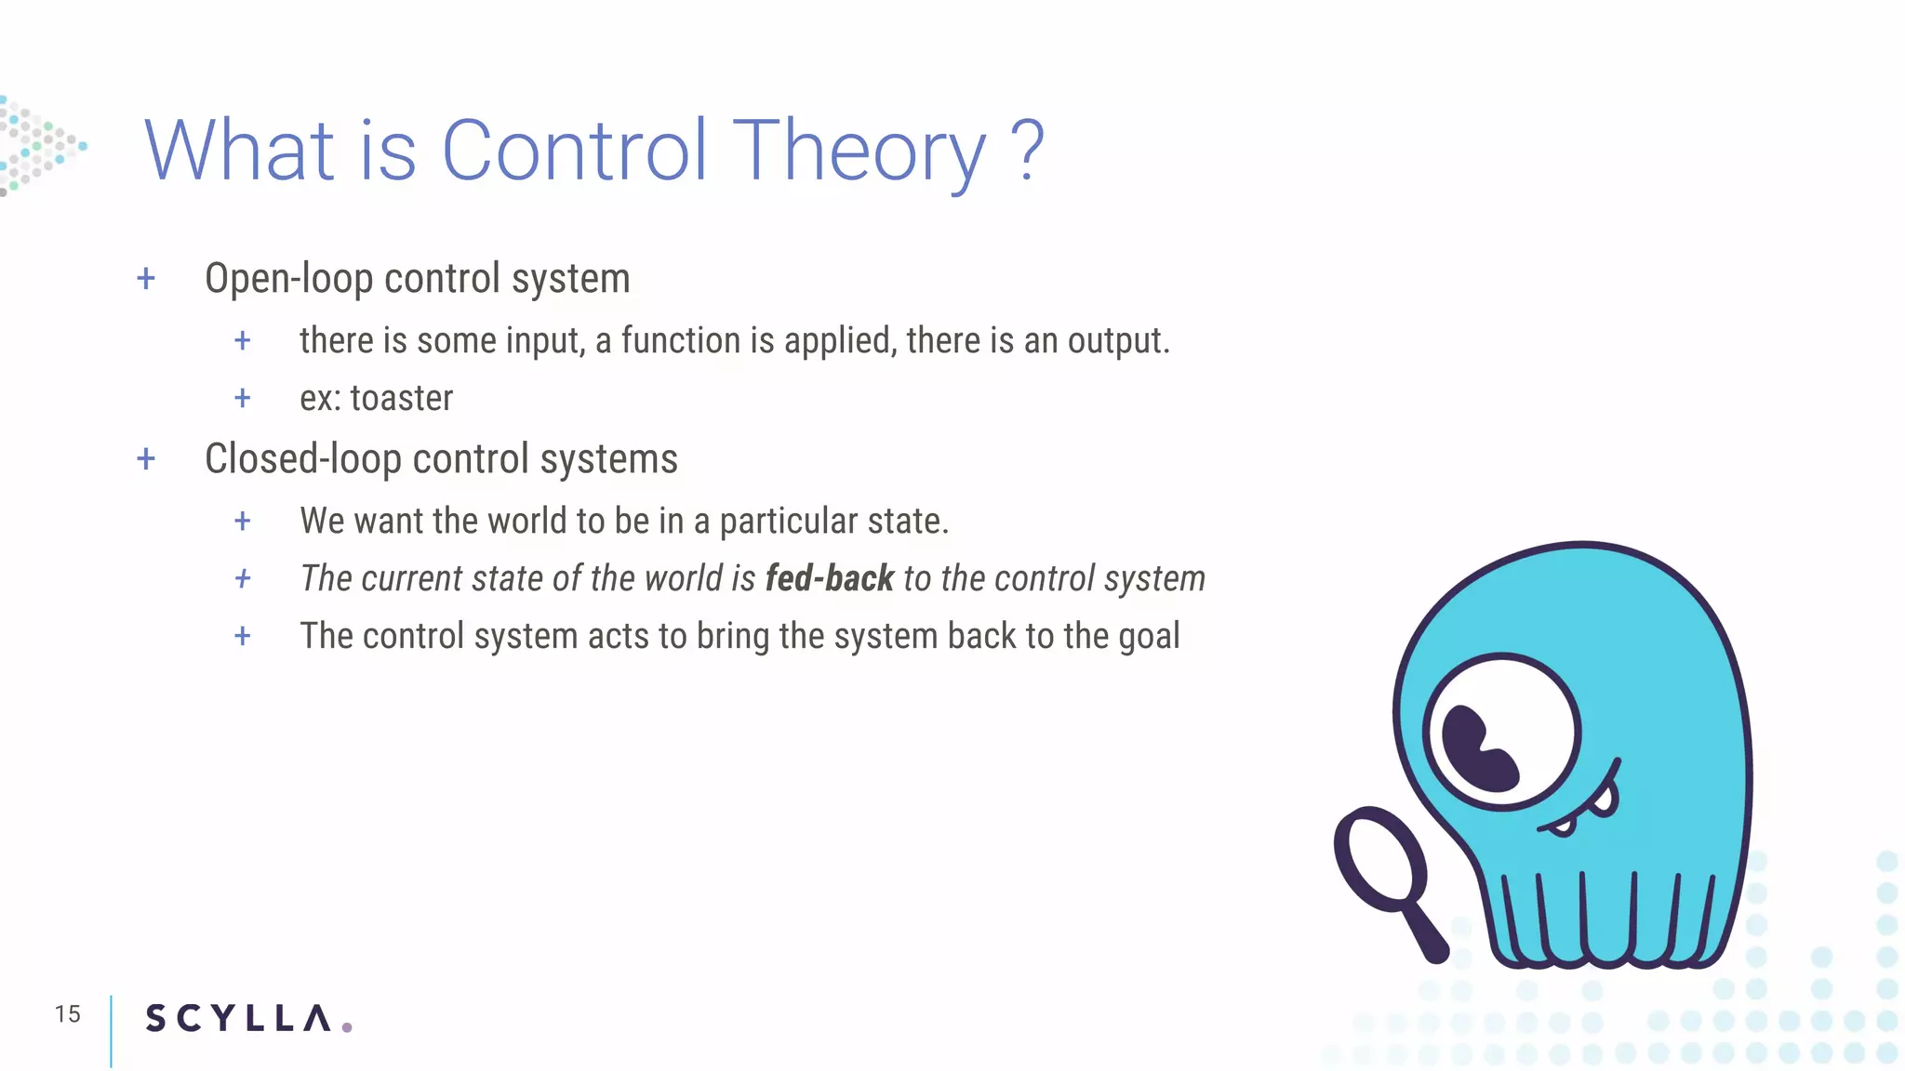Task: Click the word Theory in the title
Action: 859,152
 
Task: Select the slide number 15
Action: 67,1014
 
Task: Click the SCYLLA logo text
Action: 238,1018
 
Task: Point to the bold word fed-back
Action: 829,579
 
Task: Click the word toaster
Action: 402,399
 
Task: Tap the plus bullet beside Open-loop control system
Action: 146,279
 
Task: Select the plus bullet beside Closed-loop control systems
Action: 146,459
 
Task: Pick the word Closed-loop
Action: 302,459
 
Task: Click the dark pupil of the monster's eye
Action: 1479,748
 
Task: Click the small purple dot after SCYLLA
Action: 347,1027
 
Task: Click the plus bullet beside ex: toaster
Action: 243,399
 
